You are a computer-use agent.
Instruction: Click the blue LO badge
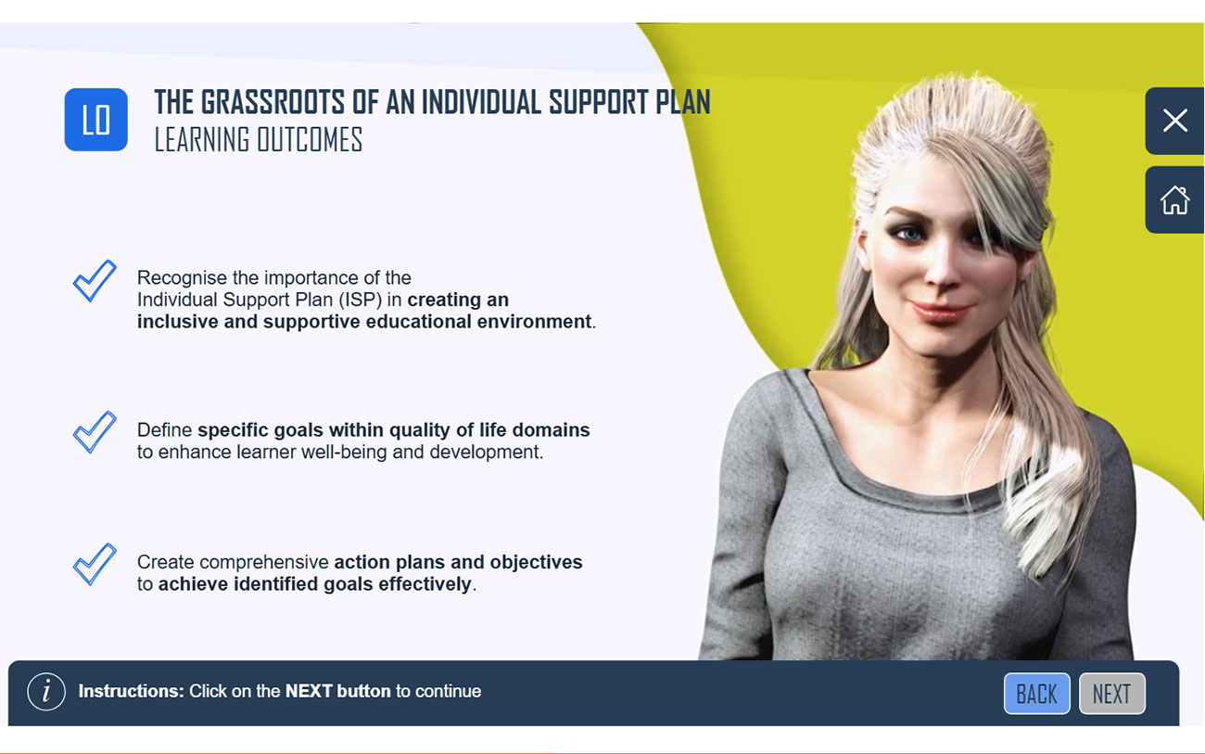(x=95, y=120)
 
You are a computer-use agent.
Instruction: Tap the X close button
(x=1175, y=121)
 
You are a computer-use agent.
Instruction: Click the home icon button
(x=1175, y=199)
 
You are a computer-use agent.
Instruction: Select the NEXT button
(x=1112, y=693)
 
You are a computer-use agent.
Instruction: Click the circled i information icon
(x=46, y=692)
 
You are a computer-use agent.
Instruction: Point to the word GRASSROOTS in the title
(x=273, y=102)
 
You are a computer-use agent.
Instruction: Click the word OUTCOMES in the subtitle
(x=310, y=140)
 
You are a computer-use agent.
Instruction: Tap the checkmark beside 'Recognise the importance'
(x=95, y=280)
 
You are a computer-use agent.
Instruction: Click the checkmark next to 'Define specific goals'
(x=95, y=431)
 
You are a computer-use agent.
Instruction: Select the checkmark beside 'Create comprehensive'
(x=95, y=564)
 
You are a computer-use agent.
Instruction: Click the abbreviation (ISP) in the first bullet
(x=360, y=300)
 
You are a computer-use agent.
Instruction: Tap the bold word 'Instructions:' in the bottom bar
(x=132, y=691)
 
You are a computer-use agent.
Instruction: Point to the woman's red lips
(x=941, y=312)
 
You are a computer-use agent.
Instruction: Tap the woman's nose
(x=942, y=269)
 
